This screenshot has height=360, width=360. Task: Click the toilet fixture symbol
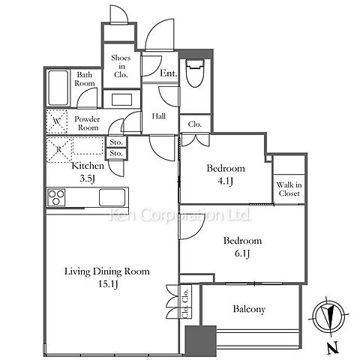[x=195, y=73]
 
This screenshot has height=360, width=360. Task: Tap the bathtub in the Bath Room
[x=58, y=88]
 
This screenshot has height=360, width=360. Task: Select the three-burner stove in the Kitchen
[x=56, y=197]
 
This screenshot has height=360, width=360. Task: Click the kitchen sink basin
[x=112, y=197]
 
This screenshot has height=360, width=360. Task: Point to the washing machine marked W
[x=57, y=121]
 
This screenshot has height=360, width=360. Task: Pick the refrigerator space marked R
[x=59, y=149]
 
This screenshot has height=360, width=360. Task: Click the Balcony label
[x=249, y=309]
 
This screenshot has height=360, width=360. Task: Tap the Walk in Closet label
[x=289, y=189]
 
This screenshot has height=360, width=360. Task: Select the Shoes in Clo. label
[x=121, y=66]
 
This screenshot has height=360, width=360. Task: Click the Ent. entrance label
[x=169, y=73]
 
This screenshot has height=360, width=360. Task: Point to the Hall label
[x=159, y=116]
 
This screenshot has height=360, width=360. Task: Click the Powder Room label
[x=87, y=123]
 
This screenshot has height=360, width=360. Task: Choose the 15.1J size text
[x=108, y=284]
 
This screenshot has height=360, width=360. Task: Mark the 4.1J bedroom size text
[x=226, y=181]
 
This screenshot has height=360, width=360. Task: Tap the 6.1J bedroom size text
[x=242, y=253]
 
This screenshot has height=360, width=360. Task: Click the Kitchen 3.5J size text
[x=87, y=178]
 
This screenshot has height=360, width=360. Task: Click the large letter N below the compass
[x=333, y=348]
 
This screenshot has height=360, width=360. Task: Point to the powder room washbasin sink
[x=121, y=100]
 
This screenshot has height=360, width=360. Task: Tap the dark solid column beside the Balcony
[x=200, y=342]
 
